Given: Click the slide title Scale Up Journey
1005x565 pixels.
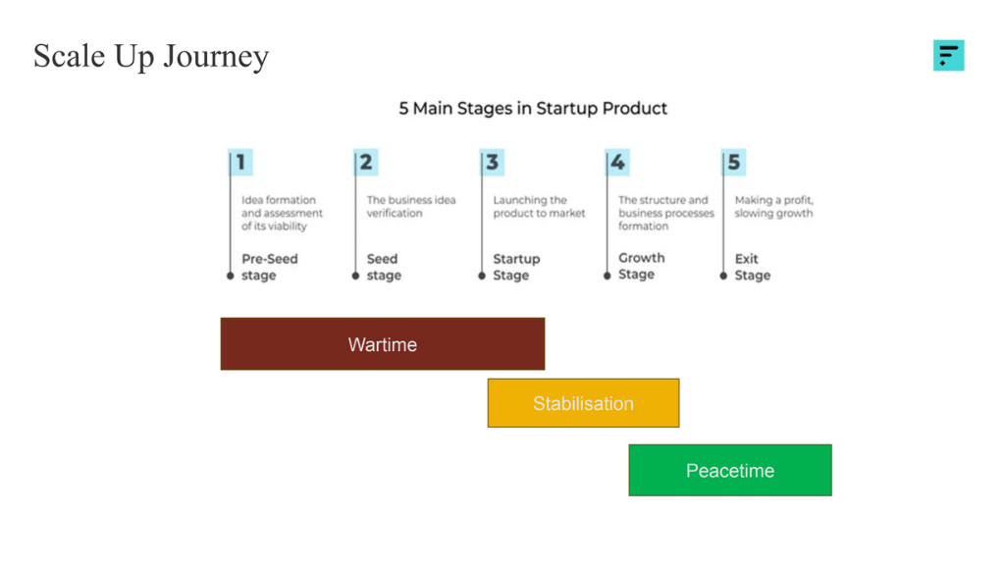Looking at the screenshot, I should [151, 56].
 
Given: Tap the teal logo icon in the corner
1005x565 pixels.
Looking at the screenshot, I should [948, 55].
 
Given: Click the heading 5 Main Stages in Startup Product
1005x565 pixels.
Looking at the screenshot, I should [533, 108].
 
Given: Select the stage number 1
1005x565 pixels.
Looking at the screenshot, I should [241, 162].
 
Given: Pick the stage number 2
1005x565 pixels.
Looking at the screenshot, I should [366, 162].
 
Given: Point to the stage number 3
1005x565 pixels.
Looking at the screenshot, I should [492, 162].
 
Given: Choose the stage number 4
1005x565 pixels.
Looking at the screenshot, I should [617, 162].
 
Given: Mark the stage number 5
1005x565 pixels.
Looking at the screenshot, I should [734, 162].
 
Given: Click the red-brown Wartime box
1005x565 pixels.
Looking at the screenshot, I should [383, 344].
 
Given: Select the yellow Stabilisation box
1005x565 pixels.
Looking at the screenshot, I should [583, 403].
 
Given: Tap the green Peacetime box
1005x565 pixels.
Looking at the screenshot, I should [730, 471].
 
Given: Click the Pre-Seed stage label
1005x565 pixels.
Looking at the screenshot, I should [269, 267].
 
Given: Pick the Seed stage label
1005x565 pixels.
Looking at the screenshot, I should [384, 267].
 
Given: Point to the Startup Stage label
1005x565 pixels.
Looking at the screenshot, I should [516, 267].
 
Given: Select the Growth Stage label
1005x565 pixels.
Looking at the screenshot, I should [642, 266].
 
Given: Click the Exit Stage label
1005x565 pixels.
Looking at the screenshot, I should [753, 267].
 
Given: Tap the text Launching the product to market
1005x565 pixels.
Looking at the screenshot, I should [539, 206].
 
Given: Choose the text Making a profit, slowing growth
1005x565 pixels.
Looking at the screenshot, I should [774, 206].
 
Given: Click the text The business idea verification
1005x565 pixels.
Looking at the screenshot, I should [410, 206].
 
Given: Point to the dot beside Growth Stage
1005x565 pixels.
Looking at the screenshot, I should [608, 276].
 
